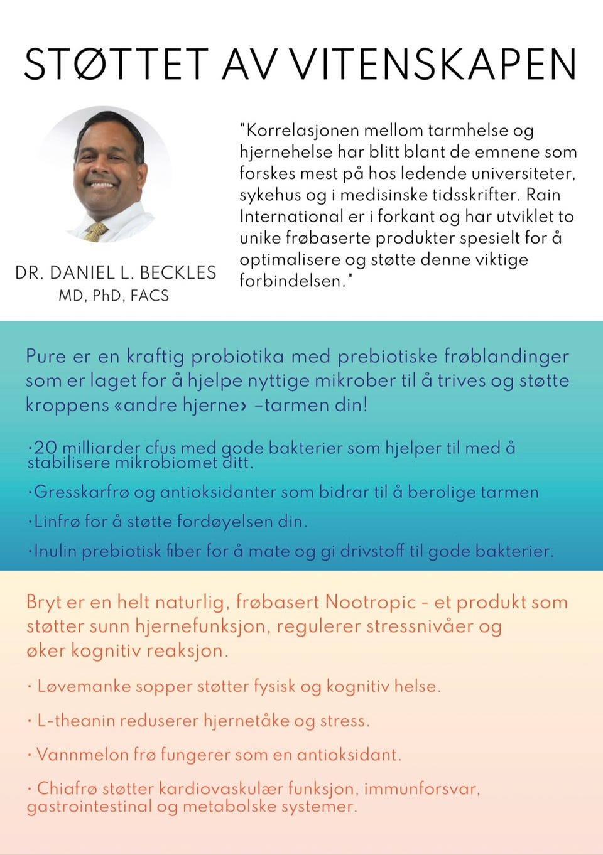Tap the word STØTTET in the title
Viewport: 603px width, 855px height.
[x=116, y=64]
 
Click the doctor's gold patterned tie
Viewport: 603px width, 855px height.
[x=96, y=231]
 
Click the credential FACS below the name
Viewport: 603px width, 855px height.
[x=149, y=296]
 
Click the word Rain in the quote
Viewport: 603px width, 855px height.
[x=544, y=195]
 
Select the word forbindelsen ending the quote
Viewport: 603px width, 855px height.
[x=292, y=281]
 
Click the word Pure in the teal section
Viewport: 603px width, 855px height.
[x=46, y=357]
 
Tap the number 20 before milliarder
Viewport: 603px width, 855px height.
[x=45, y=448]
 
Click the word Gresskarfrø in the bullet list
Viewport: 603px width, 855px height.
[x=81, y=492]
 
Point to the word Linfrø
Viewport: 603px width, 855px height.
[x=57, y=522]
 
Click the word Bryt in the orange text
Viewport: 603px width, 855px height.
[x=43, y=603]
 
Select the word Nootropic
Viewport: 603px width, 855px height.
[x=370, y=603]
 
